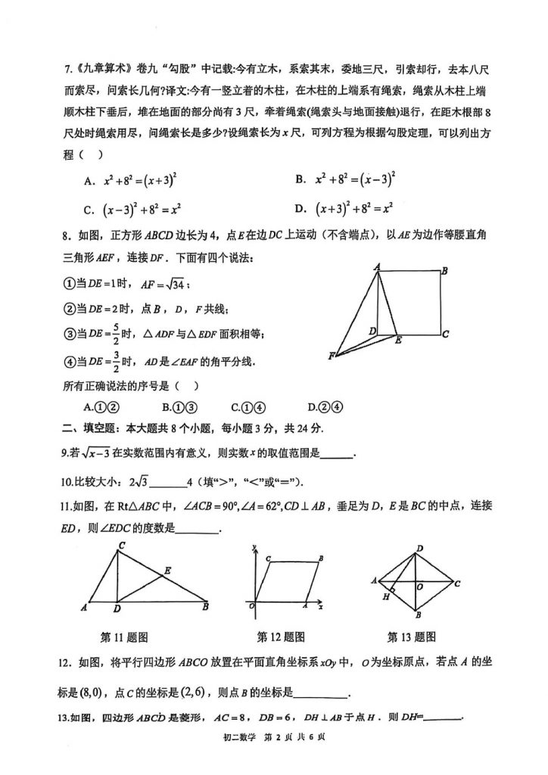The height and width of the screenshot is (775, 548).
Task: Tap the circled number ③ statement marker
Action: pyautogui.click(x=69, y=333)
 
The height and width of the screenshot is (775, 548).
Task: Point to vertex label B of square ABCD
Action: pyautogui.click(x=444, y=271)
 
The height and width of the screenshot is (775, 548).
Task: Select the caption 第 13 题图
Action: pyautogui.click(x=411, y=636)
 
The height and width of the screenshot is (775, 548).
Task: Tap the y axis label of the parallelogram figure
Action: pyautogui.click(x=258, y=546)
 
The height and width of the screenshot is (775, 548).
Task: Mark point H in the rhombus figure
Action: pyautogui.click(x=385, y=596)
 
